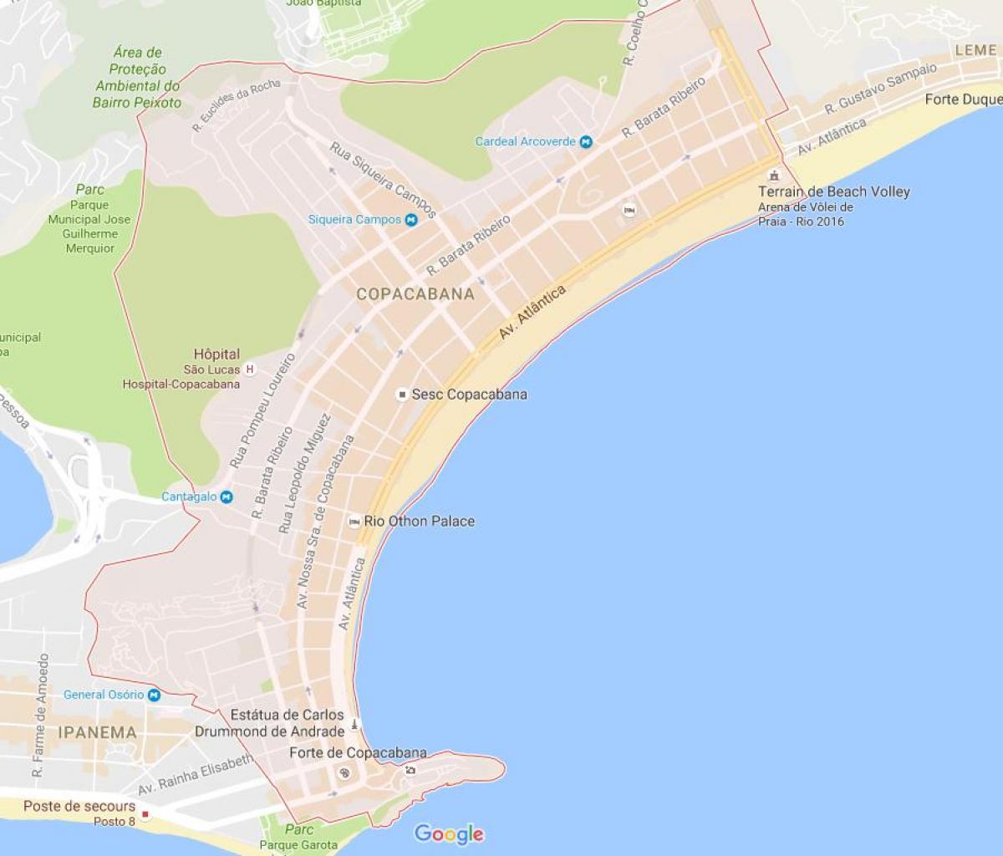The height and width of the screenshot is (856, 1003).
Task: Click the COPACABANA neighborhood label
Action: (415, 294)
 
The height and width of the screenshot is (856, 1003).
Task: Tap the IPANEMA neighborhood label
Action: (97, 732)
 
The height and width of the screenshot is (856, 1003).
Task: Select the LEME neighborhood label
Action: (975, 50)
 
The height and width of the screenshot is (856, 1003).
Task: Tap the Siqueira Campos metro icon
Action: (411, 220)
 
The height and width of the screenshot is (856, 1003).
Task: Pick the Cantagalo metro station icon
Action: (227, 497)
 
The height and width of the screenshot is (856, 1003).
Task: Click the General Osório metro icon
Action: (154, 695)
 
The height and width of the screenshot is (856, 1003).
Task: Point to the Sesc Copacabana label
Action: (469, 395)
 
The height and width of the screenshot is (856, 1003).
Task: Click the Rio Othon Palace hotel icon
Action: (354, 522)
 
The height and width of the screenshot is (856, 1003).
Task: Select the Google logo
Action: (449, 833)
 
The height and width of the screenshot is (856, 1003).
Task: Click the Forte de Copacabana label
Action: (358, 753)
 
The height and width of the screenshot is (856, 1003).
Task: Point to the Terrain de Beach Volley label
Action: (834, 191)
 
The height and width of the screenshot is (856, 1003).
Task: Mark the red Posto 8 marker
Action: (145, 813)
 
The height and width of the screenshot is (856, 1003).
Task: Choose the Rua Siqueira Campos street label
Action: (383, 180)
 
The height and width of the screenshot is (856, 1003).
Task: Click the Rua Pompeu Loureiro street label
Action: (262, 410)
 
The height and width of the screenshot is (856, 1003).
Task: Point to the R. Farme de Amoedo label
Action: (40, 716)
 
